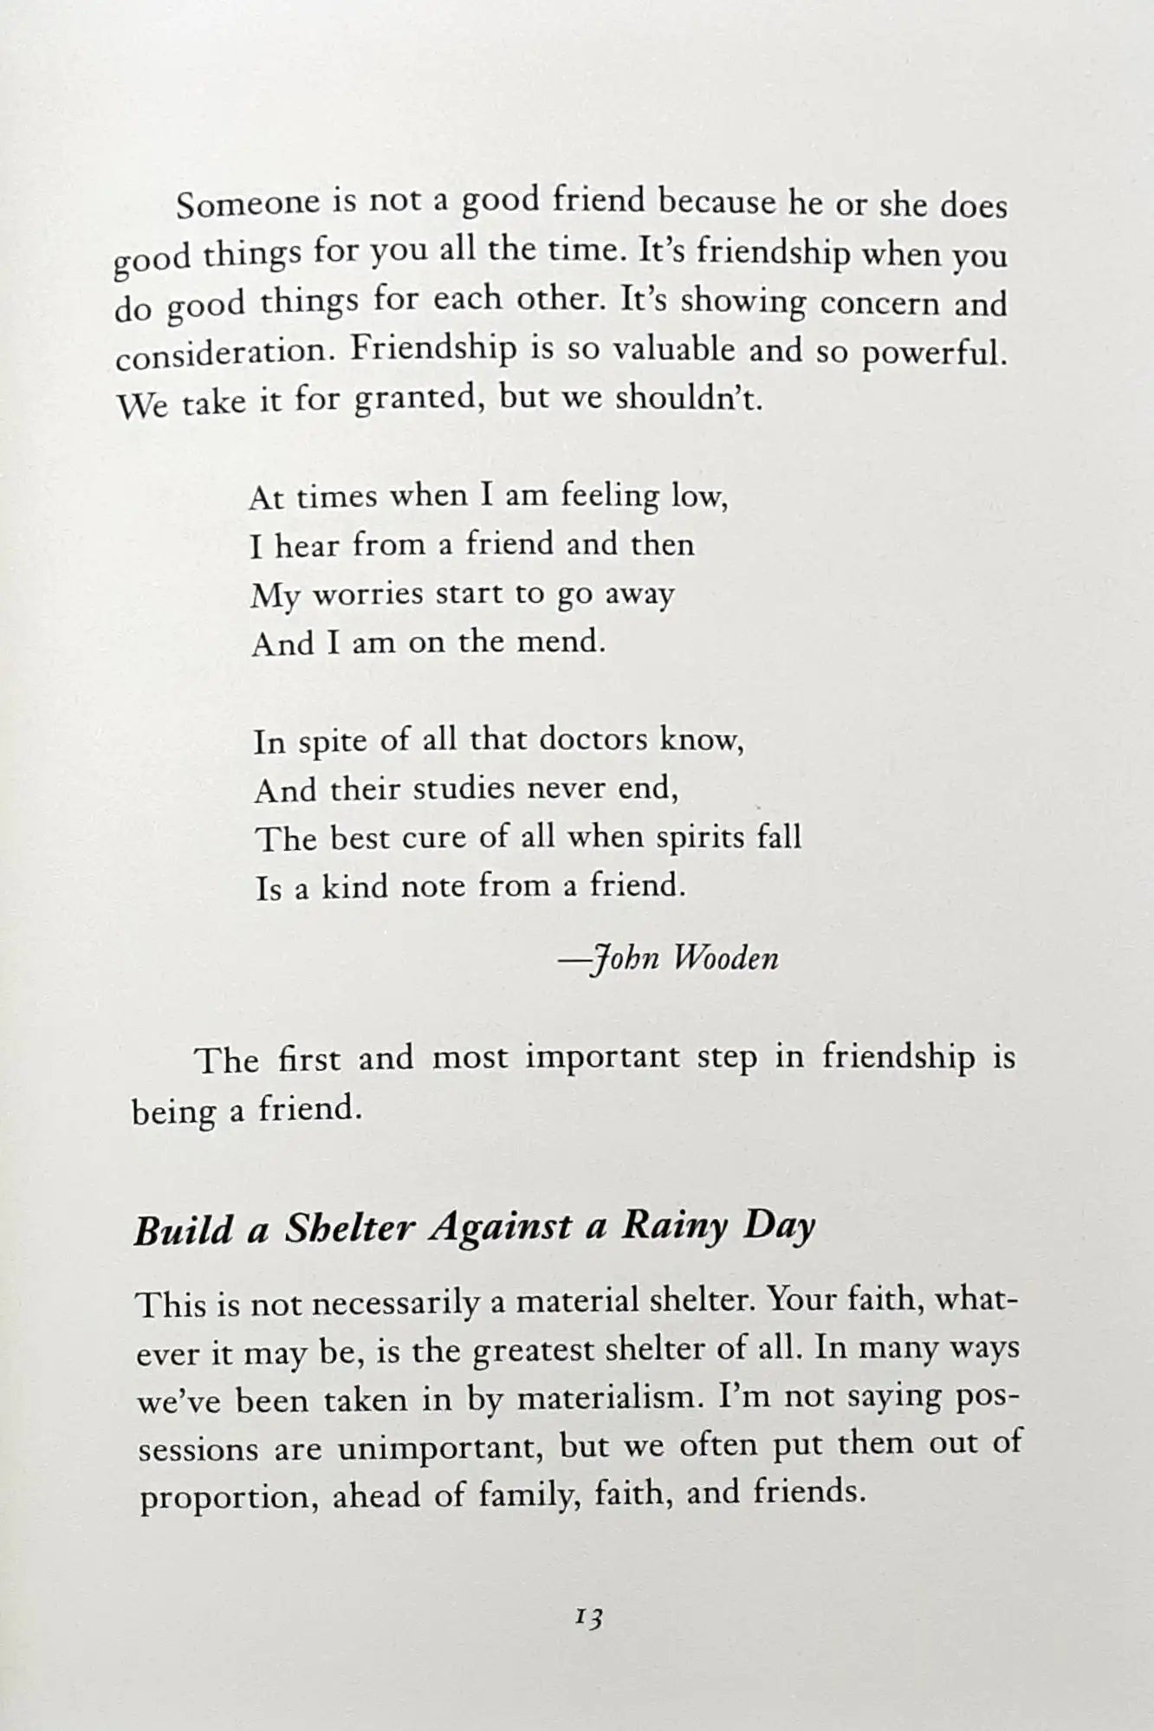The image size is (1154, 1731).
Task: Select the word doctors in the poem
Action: [593, 741]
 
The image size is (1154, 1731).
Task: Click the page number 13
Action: [588, 1617]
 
